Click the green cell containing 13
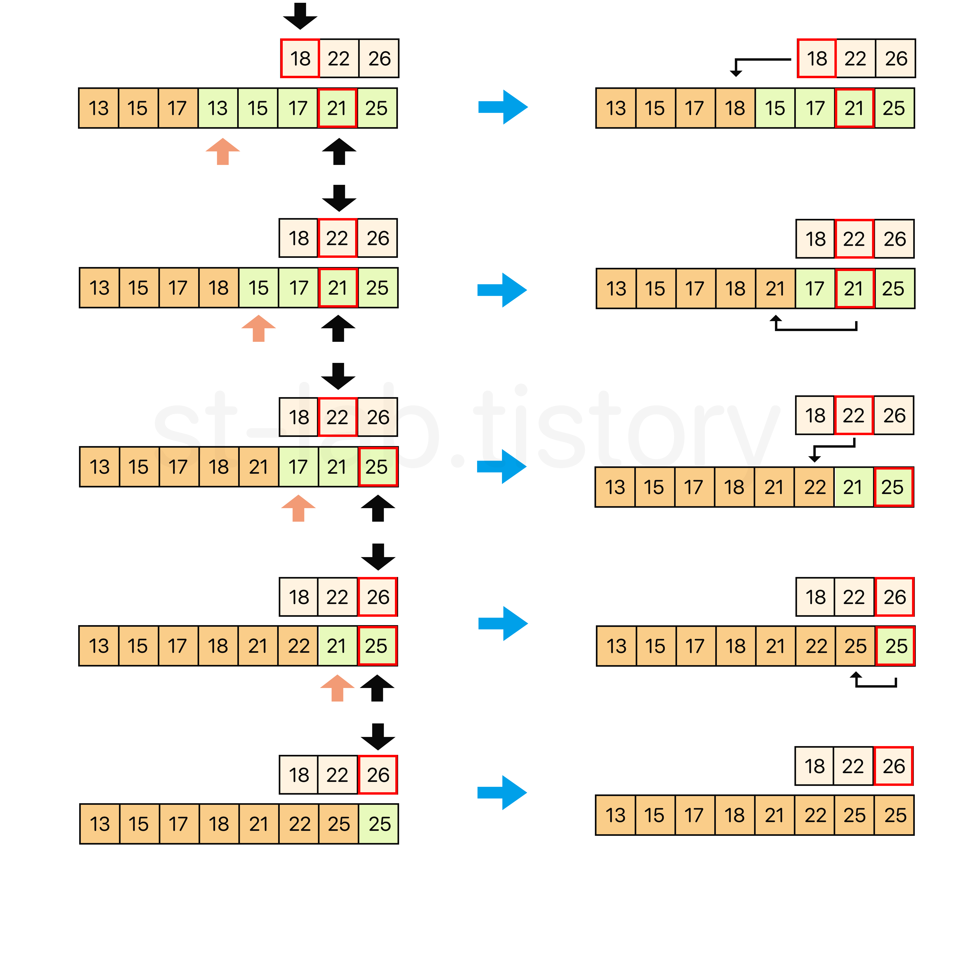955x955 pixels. click(x=217, y=108)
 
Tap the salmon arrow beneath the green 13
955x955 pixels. click(x=223, y=151)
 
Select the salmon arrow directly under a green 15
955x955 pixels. click(x=258, y=328)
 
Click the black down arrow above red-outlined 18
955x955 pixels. click(x=300, y=16)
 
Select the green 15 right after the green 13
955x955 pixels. click(x=257, y=108)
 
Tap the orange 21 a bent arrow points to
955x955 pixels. click(x=775, y=289)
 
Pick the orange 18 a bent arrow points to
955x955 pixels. click(x=735, y=108)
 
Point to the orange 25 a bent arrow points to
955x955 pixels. click(x=855, y=646)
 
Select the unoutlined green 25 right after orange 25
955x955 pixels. click(x=379, y=824)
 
